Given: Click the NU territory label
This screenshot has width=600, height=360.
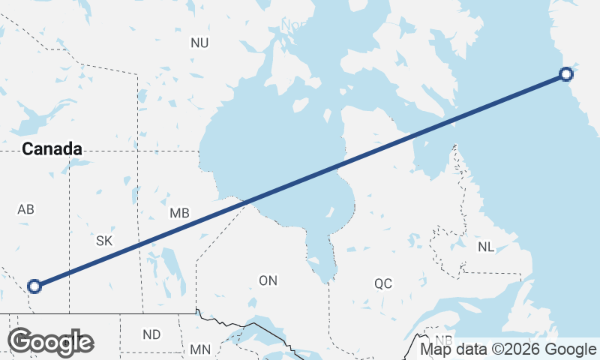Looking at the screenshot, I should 199,43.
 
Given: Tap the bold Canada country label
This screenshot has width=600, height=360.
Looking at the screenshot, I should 52,149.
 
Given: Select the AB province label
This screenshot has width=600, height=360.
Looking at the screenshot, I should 25,210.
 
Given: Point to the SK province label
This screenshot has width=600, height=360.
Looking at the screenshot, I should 104,241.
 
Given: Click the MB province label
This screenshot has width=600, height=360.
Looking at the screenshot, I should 179,214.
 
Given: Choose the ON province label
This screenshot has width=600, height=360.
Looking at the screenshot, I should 268,281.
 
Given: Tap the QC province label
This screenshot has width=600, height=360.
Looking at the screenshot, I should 383,283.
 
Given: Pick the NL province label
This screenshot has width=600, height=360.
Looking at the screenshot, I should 486,247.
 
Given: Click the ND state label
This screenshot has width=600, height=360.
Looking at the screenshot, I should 151,334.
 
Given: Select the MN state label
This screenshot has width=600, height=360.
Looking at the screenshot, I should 200,349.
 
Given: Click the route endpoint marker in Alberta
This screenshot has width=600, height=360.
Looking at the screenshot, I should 34,286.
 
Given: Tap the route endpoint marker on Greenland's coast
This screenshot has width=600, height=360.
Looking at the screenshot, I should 567,73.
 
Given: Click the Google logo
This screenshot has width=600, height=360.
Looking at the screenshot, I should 51,342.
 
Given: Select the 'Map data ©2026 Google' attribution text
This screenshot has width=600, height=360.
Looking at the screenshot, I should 508,349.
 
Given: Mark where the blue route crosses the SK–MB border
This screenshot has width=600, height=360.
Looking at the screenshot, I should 141,243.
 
